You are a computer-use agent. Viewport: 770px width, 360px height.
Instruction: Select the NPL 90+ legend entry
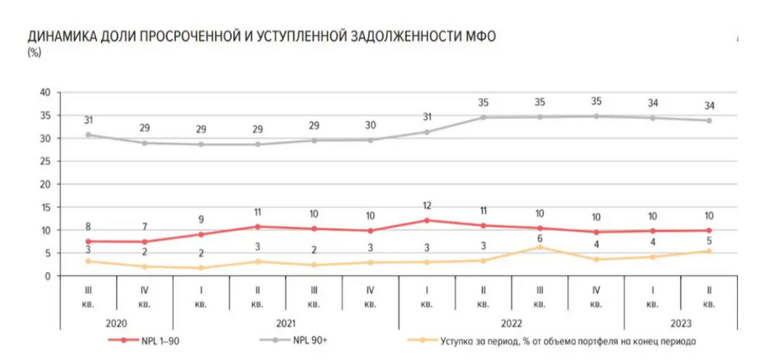click(309, 341)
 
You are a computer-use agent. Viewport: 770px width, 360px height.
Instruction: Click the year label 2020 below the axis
click(116, 323)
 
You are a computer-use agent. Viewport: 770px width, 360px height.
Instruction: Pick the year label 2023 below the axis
click(681, 323)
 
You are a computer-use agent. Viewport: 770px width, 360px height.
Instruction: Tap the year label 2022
click(511, 323)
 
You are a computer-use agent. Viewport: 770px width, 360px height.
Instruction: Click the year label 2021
click(286, 323)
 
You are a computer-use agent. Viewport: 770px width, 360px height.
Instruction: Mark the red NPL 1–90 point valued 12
click(427, 220)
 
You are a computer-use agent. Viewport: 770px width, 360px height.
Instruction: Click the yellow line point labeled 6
click(540, 248)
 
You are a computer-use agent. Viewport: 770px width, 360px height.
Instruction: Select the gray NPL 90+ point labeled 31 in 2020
click(88, 135)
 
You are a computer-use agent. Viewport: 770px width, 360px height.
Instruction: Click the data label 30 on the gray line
click(370, 126)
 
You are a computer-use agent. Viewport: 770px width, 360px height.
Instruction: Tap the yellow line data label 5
click(709, 240)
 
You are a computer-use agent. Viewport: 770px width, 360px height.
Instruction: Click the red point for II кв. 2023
click(709, 230)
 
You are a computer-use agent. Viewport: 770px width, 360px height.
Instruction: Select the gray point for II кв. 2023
click(709, 120)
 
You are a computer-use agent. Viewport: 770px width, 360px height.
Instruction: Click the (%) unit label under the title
click(34, 52)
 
